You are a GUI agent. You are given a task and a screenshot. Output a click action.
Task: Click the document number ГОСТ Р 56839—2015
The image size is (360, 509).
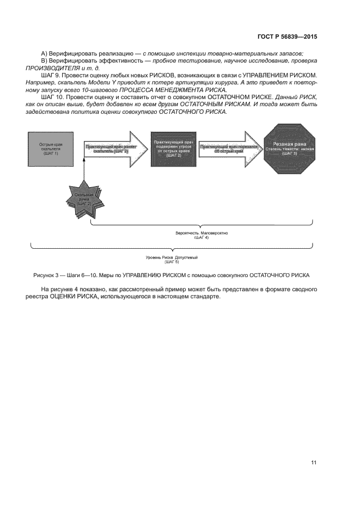coord(287,37)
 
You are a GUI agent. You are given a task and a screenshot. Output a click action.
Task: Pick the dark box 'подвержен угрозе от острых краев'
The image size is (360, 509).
coord(173,148)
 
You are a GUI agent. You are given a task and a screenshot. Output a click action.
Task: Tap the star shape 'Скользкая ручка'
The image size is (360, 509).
coord(84,200)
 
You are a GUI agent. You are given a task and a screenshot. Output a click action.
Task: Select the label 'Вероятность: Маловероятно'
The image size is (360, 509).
coord(202,233)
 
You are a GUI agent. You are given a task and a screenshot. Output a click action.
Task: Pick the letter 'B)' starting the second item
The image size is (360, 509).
coord(44,60)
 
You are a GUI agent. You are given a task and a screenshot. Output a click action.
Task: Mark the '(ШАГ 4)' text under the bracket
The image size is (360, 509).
coord(202,238)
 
